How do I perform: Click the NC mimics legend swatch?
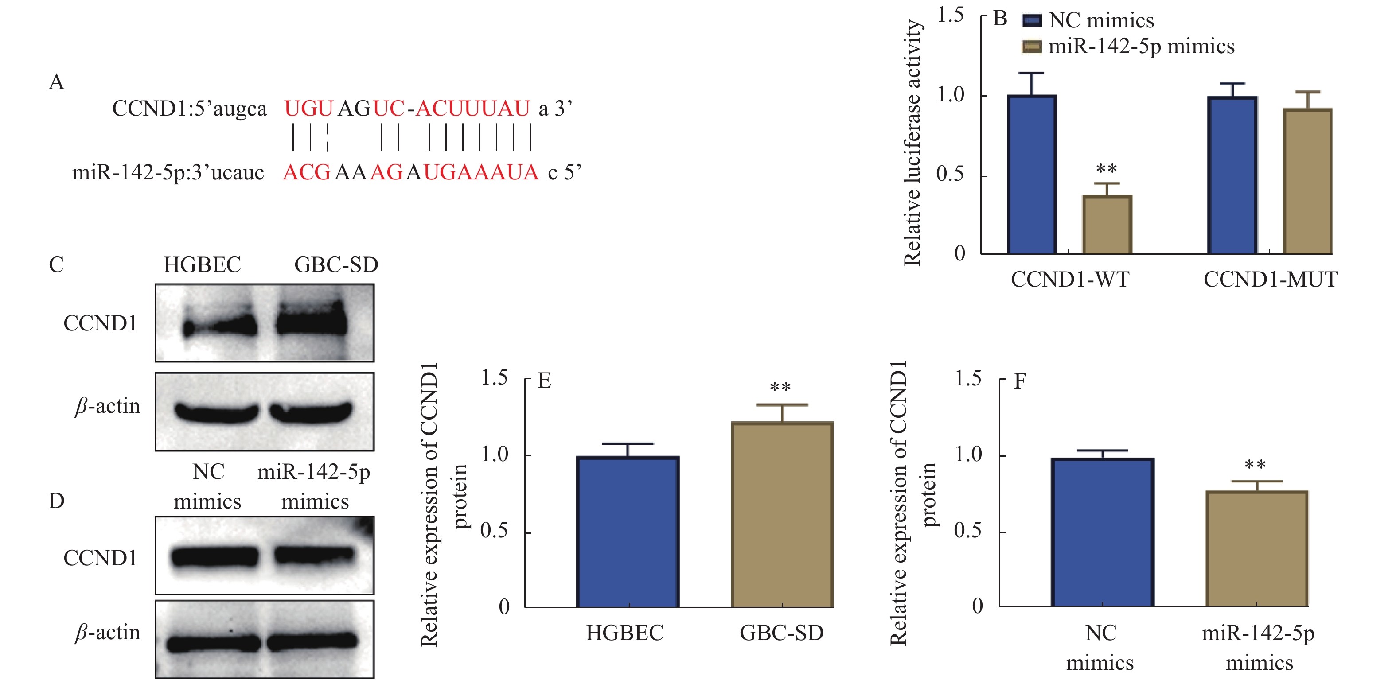[1031, 20]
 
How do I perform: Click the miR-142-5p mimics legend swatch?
[1031, 47]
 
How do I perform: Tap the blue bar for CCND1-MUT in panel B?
[1232, 175]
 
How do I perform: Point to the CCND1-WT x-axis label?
[1070, 280]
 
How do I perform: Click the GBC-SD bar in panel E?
[782, 515]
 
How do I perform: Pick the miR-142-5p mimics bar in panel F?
[1256, 548]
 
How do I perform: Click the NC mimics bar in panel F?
[1102, 532]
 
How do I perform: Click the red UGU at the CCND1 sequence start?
[308, 109]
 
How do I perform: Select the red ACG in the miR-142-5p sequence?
[306, 173]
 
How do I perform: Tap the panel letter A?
[56, 82]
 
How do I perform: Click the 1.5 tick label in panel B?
[951, 15]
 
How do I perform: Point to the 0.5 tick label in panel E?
[494, 531]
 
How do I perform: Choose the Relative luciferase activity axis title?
[912, 143]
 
